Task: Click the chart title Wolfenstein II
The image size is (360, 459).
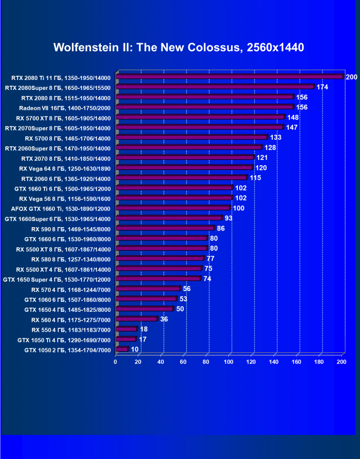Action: tap(179, 47)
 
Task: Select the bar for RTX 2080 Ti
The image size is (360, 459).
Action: tap(229, 77)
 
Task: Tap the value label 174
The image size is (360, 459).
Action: tap(323, 87)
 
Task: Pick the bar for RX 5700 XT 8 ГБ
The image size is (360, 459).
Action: tap(200, 117)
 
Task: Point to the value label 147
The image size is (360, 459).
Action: tap(292, 127)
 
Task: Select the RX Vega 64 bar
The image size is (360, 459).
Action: tap(184, 168)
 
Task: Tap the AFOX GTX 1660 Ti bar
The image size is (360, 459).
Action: tap(173, 208)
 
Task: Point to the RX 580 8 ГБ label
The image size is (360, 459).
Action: tap(71, 259)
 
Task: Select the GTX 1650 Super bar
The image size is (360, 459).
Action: tap(158, 278)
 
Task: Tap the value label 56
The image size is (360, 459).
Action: tap(187, 289)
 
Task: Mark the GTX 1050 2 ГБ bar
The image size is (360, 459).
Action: tap(122, 349)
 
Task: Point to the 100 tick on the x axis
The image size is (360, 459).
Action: tap(229, 362)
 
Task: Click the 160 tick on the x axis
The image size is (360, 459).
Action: tap(297, 362)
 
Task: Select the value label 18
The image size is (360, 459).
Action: tap(144, 329)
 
